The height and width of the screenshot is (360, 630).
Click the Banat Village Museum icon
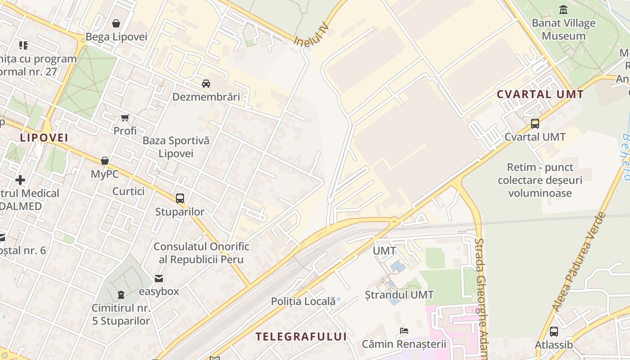click(x=563, y=9)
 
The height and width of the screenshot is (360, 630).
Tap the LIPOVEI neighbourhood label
click(x=44, y=138)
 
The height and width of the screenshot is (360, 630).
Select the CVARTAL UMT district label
click(x=540, y=94)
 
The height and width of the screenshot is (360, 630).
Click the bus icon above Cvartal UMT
click(x=535, y=123)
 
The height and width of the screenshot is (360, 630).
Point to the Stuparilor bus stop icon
click(x=180, y=198)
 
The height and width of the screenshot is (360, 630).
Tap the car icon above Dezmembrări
click(x=206, y=83)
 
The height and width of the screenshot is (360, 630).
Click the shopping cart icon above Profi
click(x=125, y=118)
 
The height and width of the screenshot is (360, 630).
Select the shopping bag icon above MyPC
click(x=105, y=161)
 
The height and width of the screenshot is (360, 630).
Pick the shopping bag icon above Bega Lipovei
click(x=116, y=23)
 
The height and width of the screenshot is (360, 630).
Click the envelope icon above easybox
click(x=159, y=279)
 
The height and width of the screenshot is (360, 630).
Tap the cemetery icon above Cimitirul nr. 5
click(x=121, y=295)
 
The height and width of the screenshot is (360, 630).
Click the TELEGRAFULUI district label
click(x=301, y=337)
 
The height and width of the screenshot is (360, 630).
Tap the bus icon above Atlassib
click(x=553, y=332)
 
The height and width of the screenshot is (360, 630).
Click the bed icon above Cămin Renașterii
click(x=404, y=331)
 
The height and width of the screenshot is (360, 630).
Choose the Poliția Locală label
click(x=303, y=301)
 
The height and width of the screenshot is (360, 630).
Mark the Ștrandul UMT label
click(x=399, y=295)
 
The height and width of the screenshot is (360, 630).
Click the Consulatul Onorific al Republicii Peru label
click(x=201, y=253)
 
